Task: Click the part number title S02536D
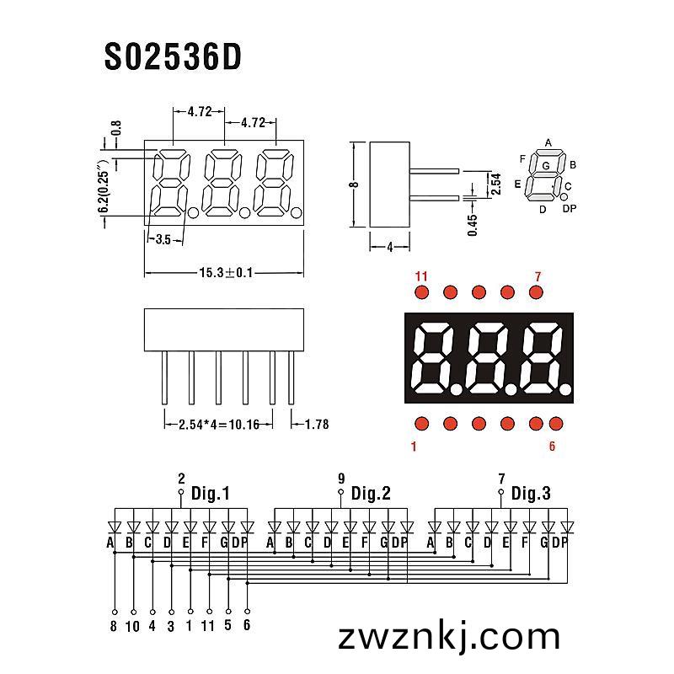pos(173,57)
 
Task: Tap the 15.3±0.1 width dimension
pos(226,272)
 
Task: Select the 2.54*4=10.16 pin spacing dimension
pos(219,425)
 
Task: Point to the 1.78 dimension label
pos(317,425)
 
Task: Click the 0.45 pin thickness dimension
pos(473,225)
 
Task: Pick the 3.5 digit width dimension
pos(163,239)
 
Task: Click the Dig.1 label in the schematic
pos(210,493)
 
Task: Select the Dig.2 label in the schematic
pos(371,493)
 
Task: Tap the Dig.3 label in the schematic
pos(531,493)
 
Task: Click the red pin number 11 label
pos(421,276)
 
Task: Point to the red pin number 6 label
pos(553,447)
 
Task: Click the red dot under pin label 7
pos(536,292)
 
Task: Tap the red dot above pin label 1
pos(422,424)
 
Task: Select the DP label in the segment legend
pos(570,208)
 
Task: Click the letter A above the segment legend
pos(548,142)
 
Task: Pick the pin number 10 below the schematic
pos(133,626)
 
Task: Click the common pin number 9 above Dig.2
pos(341,479)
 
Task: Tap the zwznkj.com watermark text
pos(449,637)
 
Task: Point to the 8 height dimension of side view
pos(354,185)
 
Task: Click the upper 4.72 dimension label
pos(200,112)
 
